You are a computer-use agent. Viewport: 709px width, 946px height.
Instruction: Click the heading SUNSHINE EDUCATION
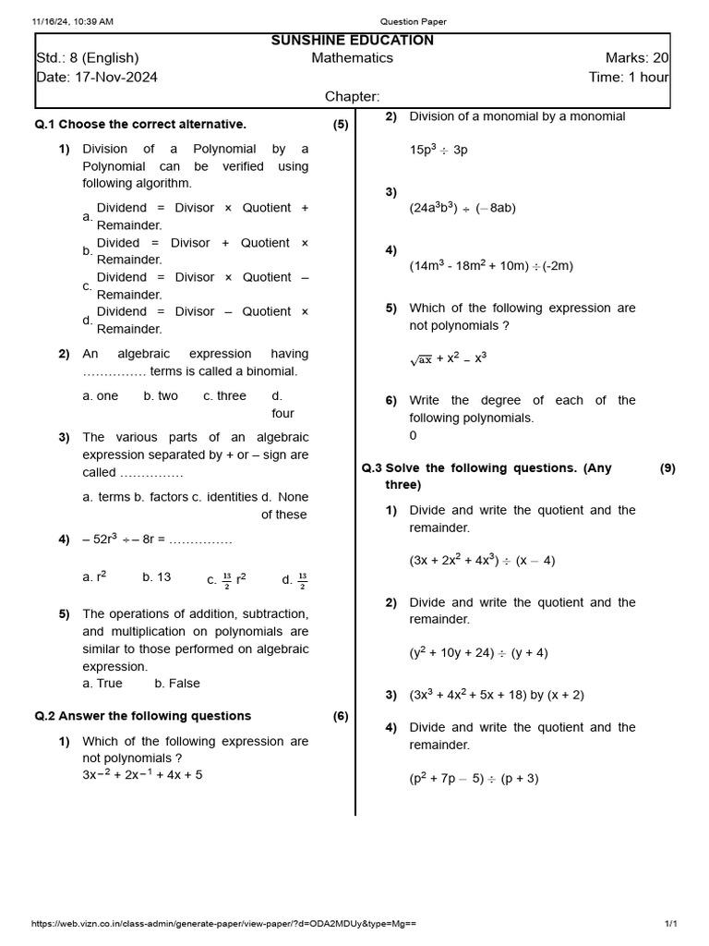tap(352, 41)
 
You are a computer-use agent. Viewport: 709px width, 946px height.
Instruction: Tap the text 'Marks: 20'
tap(637, 58)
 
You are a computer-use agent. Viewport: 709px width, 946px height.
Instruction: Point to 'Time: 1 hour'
tap(629, 78)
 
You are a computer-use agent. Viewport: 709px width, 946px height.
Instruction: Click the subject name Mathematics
tap(352, 58)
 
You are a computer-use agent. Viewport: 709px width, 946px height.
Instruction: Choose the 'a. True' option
tap(102, 684)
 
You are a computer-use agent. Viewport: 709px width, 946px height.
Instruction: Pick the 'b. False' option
tap(177, 684)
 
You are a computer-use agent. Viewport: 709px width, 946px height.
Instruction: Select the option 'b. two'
tap(161, 396)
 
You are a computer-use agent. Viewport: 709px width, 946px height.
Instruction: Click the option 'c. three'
tap(224, 396)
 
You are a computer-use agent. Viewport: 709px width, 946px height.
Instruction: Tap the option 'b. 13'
tap(156, 577)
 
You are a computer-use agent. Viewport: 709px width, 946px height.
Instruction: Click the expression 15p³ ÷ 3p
tap(439, 150)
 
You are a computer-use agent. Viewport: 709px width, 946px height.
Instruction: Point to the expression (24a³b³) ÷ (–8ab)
tap(463, 209)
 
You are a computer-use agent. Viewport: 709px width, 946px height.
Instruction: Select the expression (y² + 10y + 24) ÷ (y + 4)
tap(478, 653)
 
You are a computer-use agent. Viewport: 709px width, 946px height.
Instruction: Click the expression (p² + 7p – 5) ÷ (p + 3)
tap(474, 779)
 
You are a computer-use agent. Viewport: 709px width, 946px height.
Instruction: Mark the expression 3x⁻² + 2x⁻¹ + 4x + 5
tap(142, 775)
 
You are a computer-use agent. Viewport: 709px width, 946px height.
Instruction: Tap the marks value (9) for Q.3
tap(667, 468)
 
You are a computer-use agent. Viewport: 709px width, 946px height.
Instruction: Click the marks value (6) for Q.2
tap(341, 716)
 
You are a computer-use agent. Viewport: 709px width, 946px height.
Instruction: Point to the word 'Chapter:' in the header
tap(352, 97)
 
